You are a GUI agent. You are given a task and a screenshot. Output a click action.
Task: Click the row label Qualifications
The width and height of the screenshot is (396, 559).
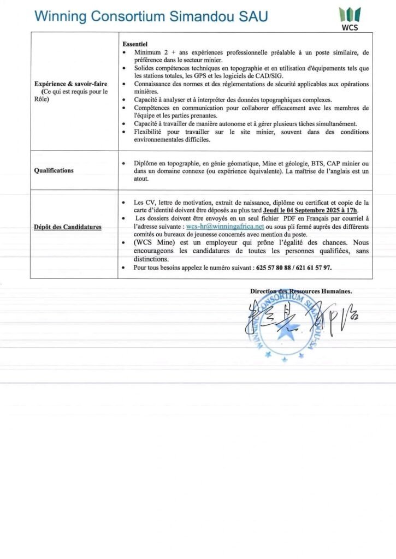pos(54,170)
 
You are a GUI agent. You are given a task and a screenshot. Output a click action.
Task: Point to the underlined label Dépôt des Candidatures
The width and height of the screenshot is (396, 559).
pos(68,227)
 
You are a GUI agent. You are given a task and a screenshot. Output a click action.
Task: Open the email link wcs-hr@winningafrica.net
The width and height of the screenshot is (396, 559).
pos(225,225)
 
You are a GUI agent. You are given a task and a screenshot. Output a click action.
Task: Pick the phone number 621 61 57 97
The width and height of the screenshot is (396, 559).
pos(314,267)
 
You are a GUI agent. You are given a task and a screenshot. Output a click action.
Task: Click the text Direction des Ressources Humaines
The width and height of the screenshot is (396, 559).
pos(301,291)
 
